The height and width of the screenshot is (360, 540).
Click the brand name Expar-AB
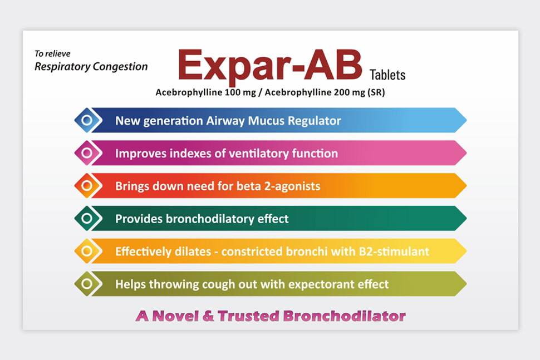tap(270, 66)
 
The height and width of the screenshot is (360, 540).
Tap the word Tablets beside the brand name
tap(387, 75)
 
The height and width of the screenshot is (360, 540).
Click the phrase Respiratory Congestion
tap(91, 66)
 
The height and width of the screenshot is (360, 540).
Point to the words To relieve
tap(52, 53)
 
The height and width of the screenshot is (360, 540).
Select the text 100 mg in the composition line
tap(240, 92)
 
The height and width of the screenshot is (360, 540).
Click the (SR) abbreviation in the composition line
tap(376, 92)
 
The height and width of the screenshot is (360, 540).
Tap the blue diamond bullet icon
tap(87, 120)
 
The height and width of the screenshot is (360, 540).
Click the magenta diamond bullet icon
tap(87, 153)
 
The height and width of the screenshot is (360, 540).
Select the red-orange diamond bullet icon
tap(87, 185)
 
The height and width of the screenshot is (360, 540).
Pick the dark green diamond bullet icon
tap(87, 218)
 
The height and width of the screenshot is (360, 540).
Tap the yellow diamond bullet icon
tap(87, 251)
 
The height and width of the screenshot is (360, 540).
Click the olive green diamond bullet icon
tap(87, 284)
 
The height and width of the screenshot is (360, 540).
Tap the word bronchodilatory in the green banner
tap(210, 219)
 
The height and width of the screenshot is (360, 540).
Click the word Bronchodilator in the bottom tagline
tap(345, 316)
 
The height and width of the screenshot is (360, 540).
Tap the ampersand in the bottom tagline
tap(208, 316)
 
